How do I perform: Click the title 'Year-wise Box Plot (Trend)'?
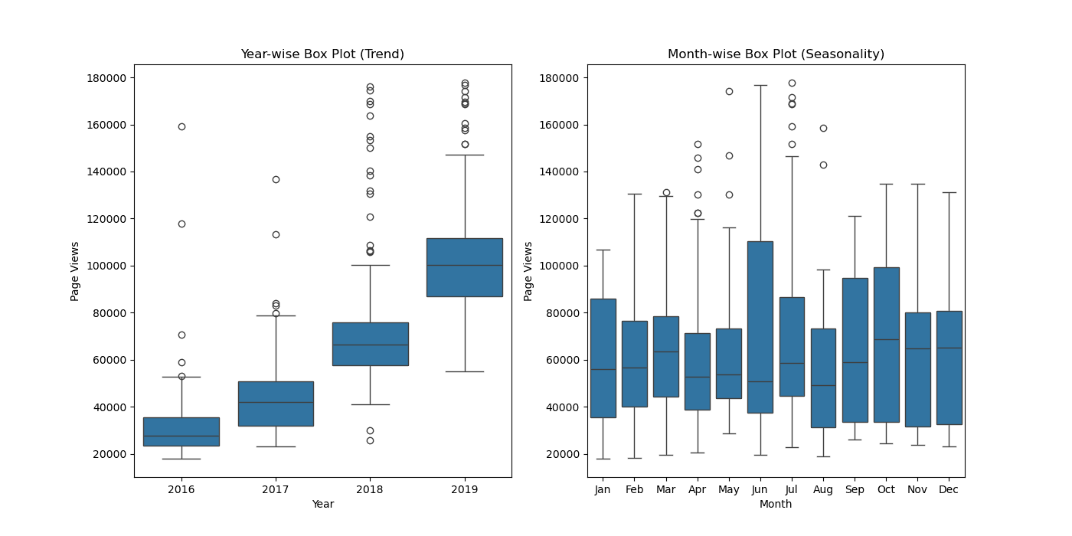point(322,54)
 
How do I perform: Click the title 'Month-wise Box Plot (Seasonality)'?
point(776,54)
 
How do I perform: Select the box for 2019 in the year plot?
point(464,267)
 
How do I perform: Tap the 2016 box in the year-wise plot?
point(181,431)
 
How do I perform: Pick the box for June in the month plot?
point(760,327)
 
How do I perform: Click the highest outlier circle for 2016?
point(181,126)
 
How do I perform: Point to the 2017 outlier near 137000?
point(276,179)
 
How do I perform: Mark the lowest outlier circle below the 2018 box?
point(370,440)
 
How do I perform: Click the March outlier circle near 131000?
point(666,193)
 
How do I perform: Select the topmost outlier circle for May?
point(729,91)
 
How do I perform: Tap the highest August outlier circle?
point(823,128)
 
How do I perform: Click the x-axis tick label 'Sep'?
point(855,489)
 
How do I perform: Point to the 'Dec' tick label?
point(949,489)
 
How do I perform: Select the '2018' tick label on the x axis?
point(370,489)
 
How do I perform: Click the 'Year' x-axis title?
point(322,504)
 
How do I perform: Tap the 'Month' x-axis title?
point(776,504)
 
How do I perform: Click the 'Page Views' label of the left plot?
point(75,271)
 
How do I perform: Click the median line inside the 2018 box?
point(370,345)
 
